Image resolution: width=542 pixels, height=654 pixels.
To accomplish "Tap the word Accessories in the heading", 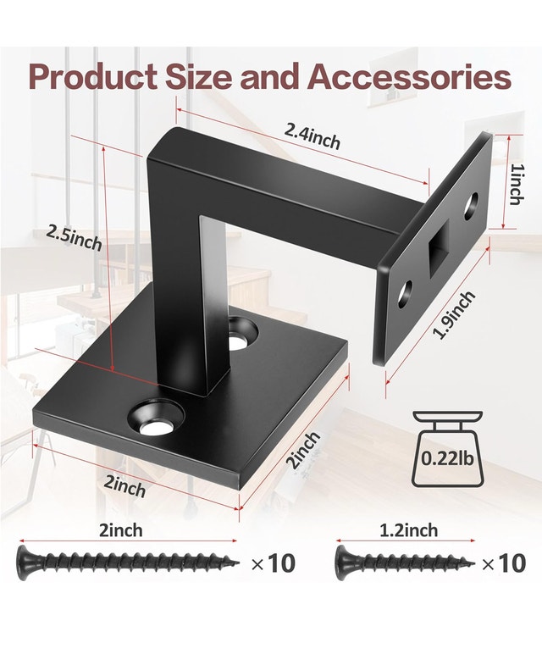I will pos(409,76).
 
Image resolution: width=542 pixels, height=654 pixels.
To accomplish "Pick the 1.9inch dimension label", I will pos(454,315).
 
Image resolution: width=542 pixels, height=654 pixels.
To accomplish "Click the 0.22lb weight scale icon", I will pos(446,451).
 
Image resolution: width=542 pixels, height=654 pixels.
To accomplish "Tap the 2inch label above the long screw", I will pos(121,530).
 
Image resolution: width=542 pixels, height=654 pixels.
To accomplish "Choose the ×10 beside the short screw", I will pos(502,563).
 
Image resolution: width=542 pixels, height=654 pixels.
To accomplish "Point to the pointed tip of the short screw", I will pos(471,561).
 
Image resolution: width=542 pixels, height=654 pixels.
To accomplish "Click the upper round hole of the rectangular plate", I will pos(471,203).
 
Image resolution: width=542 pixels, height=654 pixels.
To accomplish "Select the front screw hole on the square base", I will pos(155,421).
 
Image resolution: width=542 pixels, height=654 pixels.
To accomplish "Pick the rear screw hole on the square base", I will pos(245,331).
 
